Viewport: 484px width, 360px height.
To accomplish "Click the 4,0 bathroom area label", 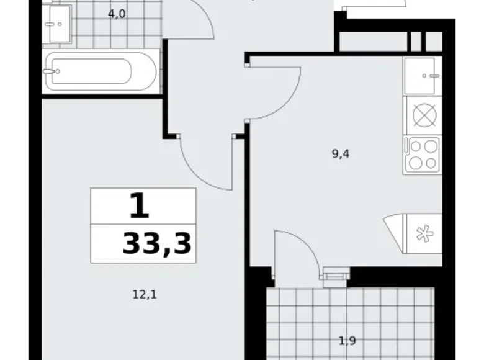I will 117,14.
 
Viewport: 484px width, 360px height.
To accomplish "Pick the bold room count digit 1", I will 139,206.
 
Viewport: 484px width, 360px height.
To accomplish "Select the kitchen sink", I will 423,76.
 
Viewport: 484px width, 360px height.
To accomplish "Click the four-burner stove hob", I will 423,154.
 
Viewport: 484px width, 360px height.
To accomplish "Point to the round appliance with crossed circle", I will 423,115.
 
